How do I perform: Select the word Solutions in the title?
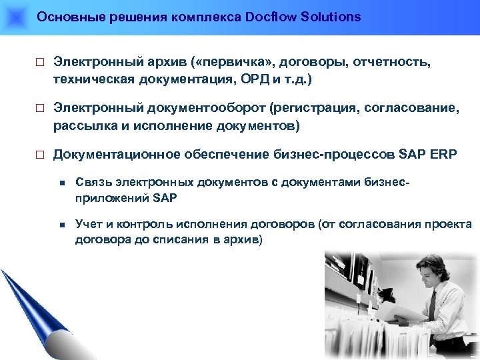[331, 17]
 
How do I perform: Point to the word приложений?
[105, 198]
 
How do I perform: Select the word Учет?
[89, 225]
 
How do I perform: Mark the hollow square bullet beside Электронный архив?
[39, 63]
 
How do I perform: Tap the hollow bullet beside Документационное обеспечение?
[39, 155]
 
